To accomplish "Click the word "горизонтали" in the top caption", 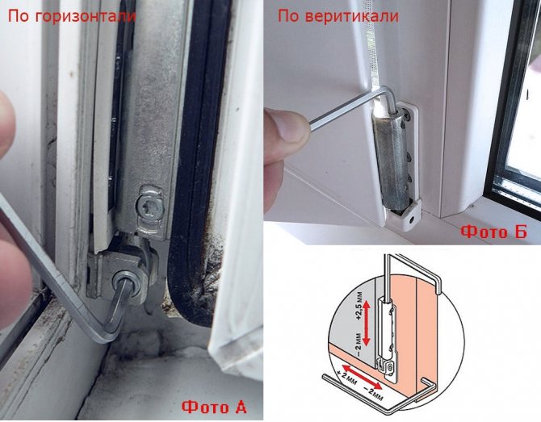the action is tap(86, 17).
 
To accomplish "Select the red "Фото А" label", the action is tap(214, 407).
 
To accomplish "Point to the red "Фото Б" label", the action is tap(494, 232).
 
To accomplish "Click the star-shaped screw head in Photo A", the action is tap(150, 208).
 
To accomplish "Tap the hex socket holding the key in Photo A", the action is tap(125, 283).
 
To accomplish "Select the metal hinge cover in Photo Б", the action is tap(389, 160).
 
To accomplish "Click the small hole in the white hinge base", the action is tap(411, 219).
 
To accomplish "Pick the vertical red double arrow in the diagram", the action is tap(367, 323).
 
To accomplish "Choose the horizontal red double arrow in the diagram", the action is tap(362, 377).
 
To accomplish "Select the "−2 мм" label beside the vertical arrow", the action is tap(358, 344).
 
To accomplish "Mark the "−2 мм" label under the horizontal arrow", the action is tap(374, 394).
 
